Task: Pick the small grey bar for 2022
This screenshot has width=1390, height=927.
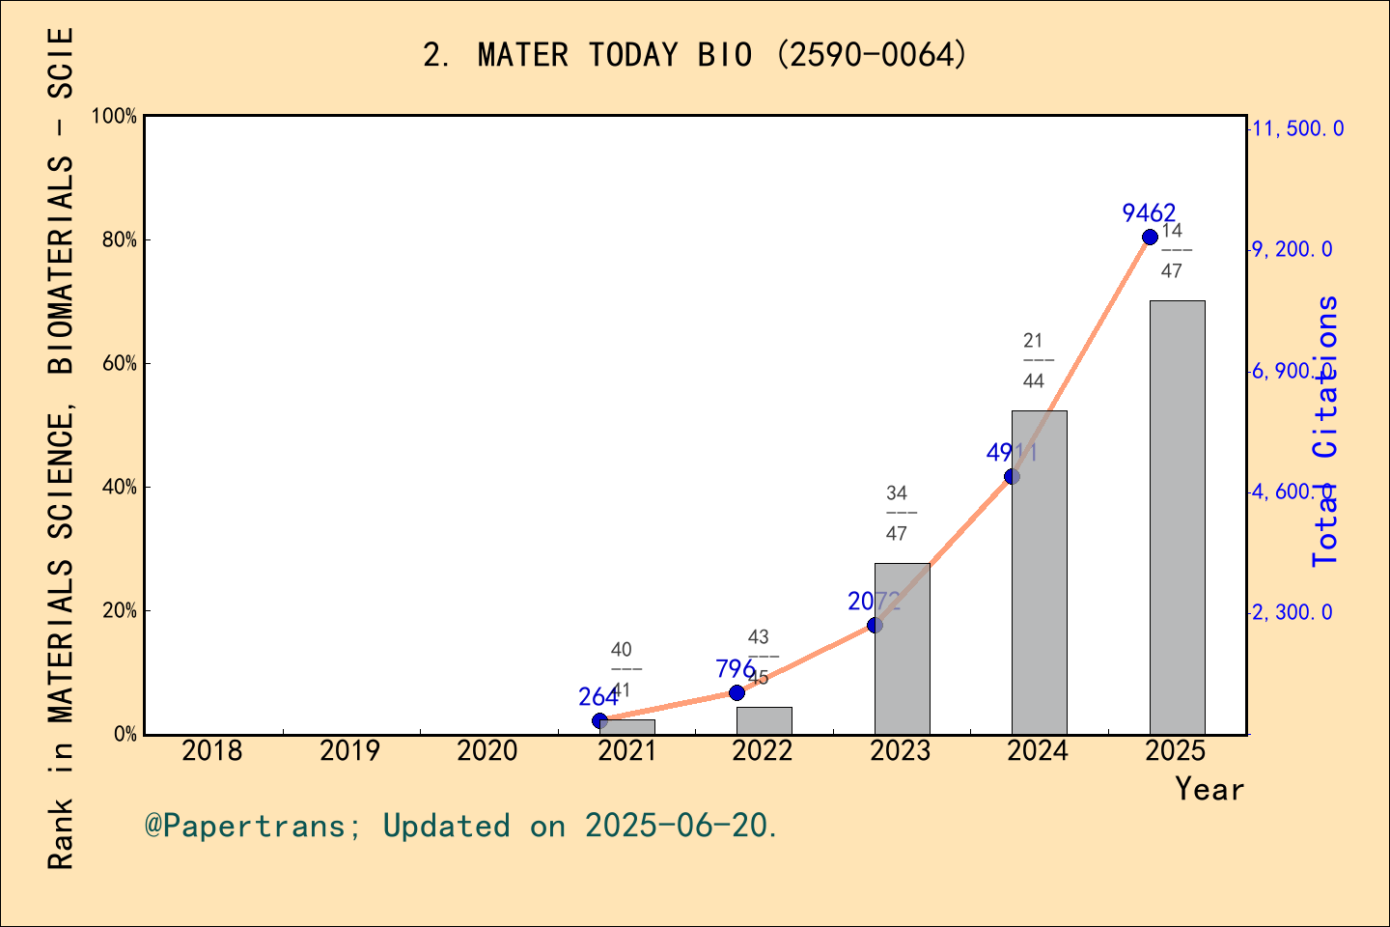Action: tap(764, 720)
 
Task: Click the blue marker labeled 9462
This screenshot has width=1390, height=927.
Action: tap(1150, 238)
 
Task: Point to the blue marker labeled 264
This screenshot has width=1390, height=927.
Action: tap(599, 720)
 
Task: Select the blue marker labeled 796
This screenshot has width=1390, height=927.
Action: tap(737, 692)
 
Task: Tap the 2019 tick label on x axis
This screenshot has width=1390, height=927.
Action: tap(349, 751)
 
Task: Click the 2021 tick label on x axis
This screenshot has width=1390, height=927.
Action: tap(626, 751)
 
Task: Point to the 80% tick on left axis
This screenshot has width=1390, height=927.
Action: tap(120, 240)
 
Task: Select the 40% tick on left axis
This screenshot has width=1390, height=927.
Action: tap(120, 488)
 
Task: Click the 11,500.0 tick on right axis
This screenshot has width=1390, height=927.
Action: tap(1297, 128)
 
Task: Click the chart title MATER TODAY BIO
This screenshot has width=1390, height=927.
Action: tap(694, 55)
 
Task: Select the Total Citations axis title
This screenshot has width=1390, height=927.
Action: tap(1326, 431)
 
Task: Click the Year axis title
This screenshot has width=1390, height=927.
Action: tap(1209, 789)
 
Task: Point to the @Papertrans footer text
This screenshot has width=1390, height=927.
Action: tap(461, 826)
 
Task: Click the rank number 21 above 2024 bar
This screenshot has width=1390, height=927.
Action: tap(1033, 340)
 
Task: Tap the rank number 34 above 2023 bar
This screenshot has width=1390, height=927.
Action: tap(897, 493)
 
